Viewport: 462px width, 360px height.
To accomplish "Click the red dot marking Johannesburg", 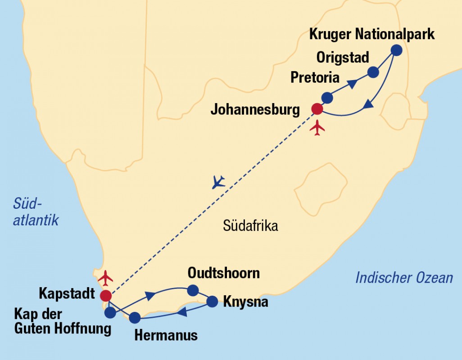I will coord(317,108).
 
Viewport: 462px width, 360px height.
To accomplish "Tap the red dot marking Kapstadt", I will coord(106,295).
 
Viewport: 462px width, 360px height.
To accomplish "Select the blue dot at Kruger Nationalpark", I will coord(396,50).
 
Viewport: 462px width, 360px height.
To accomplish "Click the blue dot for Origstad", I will coord(373,72).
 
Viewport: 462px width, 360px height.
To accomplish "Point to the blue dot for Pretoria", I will coord(327,97).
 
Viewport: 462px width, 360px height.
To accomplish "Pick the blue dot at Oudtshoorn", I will coord(193,290).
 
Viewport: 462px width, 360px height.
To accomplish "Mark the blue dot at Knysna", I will coord(212,301).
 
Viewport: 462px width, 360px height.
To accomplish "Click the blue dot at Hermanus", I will coord(135,318).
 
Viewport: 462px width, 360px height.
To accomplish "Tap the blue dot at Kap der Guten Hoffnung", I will coord(110,312).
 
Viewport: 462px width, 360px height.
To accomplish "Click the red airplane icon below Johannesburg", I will coord(317,127).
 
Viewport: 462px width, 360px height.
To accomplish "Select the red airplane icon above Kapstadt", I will coord(105,278).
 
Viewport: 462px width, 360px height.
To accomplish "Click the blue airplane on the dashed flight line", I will coord(218,182).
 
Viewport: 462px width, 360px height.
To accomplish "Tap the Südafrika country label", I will coord(250,226).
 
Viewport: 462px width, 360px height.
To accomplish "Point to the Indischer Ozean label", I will coord(404,278).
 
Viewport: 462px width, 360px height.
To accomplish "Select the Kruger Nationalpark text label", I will coord(372,34).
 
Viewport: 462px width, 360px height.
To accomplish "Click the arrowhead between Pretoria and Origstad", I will coord(353,83).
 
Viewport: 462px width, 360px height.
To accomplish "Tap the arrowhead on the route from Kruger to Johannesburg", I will coord(368,104).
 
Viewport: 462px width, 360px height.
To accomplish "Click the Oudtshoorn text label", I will coord(224,273).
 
